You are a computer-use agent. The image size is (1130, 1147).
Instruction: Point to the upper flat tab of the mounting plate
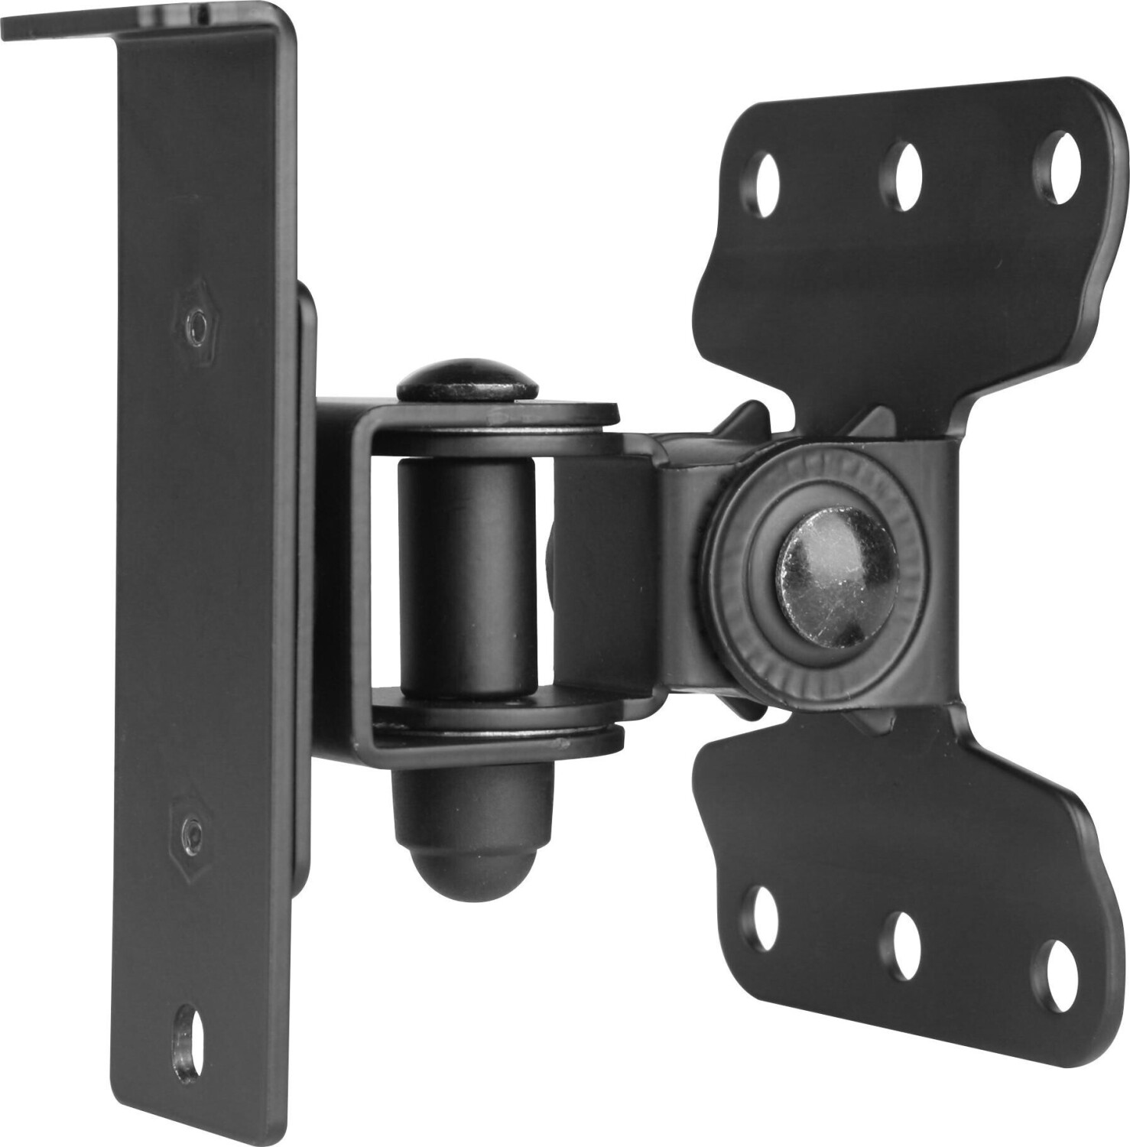[902, 268]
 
